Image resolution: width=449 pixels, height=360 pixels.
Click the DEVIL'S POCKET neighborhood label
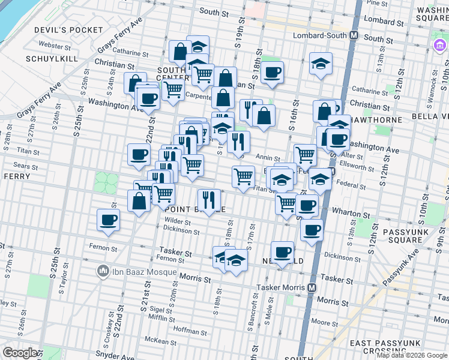click(69, 30)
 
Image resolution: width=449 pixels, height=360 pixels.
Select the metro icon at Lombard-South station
click(354, 35)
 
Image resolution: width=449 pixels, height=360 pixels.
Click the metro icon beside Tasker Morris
click(312, 287)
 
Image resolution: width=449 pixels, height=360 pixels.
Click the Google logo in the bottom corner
click(20, 353)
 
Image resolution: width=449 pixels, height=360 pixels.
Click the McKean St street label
click(170, 340)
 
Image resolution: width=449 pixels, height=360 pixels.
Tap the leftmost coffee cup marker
click(109, 220)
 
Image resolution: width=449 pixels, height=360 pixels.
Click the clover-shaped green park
click(106, 182)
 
